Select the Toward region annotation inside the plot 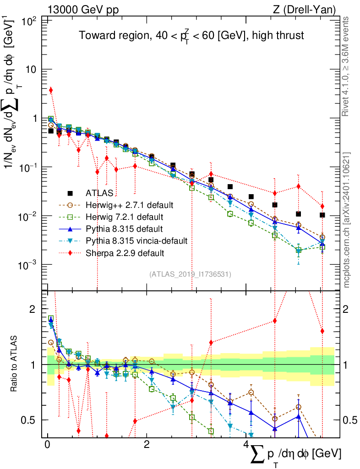(191, 36)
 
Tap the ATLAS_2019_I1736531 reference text (190, 274)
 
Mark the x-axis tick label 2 (147, 445)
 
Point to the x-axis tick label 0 (48, 445)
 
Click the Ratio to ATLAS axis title (15, 364)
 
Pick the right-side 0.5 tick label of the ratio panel (350, 420)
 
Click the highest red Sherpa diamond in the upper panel (51, 90)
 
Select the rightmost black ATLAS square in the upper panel (322, 215)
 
